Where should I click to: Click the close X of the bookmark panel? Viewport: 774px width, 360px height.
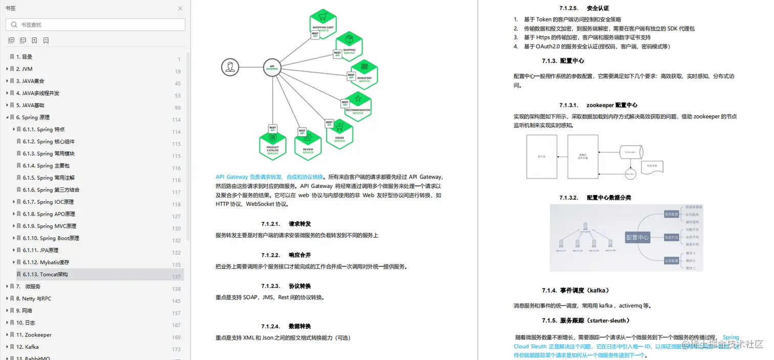180,8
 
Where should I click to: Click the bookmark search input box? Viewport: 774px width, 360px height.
97,25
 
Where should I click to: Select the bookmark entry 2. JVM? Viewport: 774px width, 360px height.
24,69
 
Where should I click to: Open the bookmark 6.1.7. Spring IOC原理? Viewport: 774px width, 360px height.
48,202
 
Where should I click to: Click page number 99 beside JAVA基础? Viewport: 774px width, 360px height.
178,108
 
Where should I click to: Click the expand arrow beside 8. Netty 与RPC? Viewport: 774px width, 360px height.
7,299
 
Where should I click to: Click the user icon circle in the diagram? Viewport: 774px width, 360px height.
230,67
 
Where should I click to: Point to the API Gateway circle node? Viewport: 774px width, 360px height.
272,67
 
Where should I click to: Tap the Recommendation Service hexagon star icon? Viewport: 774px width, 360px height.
358,99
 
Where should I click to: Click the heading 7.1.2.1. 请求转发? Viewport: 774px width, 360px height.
286,224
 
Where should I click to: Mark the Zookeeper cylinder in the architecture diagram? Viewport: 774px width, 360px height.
631,152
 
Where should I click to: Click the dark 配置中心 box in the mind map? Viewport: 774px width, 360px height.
637,237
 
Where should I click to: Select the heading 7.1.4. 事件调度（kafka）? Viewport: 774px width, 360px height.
575,290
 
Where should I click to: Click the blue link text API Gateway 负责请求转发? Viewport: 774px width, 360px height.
269,177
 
